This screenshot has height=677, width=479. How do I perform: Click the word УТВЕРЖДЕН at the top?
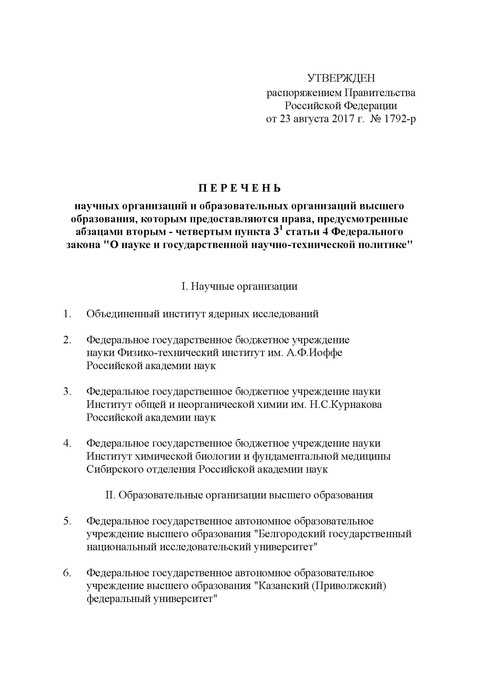point(341,78)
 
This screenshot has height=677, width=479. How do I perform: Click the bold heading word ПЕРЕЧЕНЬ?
point(239,188)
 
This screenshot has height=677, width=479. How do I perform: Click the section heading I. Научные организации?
point(239,286)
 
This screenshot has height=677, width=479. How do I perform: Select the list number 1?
point(67,314)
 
